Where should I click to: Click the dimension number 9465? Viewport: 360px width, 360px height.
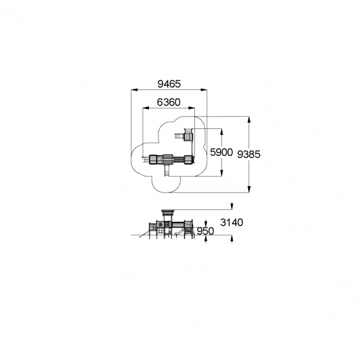(x=169, y=84)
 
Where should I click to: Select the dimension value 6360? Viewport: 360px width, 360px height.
(x=169, y=102)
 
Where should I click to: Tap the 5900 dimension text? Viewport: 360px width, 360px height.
(x=221, y=152)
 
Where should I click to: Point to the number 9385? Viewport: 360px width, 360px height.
(x=248, y=154)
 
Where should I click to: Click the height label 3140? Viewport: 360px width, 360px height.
(x=232, y=222)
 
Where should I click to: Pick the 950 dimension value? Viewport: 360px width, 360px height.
(x=205, y=231)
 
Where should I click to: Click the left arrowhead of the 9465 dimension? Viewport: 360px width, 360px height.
(x=134, y=90)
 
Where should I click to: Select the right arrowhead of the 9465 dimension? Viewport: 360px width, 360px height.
(x=203, y=90)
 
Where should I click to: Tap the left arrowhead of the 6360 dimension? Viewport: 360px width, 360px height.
(x=146, y=107)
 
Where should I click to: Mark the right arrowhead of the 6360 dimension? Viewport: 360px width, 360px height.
(x=191, y=107)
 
